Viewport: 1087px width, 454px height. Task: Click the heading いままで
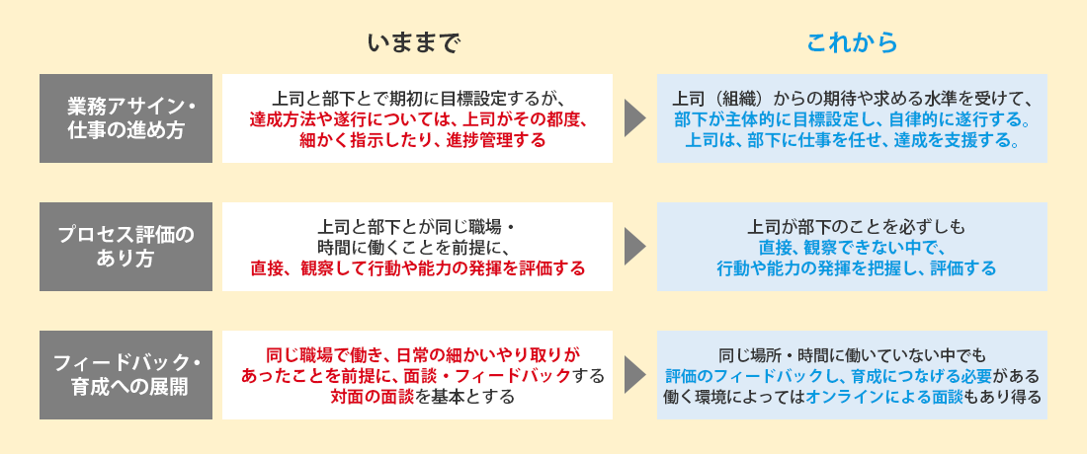point(414,43)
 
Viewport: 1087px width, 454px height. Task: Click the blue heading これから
point(852,43)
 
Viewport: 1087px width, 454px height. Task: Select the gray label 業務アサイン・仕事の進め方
point(126,118)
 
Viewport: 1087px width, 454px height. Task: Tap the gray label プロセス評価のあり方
point(126,247)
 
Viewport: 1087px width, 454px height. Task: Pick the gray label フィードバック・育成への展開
point(126,375)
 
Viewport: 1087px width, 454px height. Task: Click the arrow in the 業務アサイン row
point(634,118)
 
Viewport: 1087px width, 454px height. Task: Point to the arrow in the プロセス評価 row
point(634,247)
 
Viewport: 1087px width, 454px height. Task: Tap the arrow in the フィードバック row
point(634,375)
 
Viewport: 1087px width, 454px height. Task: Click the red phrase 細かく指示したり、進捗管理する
point(417,141)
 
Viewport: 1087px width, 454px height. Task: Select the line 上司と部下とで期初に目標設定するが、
point(417,98)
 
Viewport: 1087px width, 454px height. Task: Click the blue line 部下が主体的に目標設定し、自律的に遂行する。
point(853,119)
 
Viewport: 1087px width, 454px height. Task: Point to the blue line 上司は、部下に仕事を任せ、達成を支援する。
point(853,141)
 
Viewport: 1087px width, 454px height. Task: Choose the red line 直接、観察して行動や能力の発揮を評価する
point(417,268)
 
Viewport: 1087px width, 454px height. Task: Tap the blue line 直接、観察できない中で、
point(852,247)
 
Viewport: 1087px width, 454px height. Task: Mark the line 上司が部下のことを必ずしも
point(852,226)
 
